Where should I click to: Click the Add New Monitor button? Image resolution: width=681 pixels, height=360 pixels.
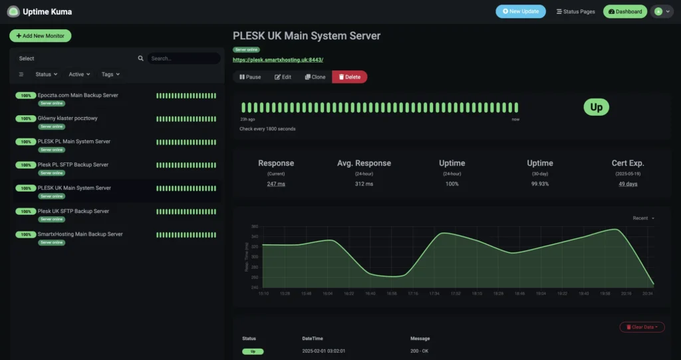click(x=40, y=36)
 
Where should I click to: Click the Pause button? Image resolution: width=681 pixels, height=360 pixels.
click(x=250, y=77)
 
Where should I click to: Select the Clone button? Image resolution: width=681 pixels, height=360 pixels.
click(x=315, y=77)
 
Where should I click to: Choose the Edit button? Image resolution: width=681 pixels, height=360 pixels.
click(x=283, y=77)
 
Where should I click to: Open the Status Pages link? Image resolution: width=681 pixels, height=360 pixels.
click(x=575, y=11)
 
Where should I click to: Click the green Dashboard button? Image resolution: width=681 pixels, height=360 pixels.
click(x=624, y=11)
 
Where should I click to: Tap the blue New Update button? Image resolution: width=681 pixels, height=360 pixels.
click(x=520, y=11)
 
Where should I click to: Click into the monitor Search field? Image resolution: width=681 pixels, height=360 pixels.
click(x=184, y=59)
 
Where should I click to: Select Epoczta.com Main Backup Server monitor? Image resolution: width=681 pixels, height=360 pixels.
click(x=78, y=95)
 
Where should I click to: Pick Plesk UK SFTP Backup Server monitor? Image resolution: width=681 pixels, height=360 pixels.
click(x=73, y=211)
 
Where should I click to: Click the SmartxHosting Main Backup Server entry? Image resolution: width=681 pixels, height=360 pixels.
click(x=80, y=234)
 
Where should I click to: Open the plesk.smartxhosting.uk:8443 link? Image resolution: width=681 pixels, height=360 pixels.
click(x=277, y=60)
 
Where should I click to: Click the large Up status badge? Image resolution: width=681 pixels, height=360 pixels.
click(x=596, y=107)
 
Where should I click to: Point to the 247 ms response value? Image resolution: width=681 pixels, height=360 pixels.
click(x=276, y=184)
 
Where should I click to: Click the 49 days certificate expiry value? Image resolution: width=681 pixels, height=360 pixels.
click(x=628, y=184)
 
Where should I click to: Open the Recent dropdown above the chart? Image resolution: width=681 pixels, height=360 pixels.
click(x=643, y=218)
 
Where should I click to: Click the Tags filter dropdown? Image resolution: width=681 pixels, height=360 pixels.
click(x=110, y=75)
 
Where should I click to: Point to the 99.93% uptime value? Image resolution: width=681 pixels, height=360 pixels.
click(x=540, y=184)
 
